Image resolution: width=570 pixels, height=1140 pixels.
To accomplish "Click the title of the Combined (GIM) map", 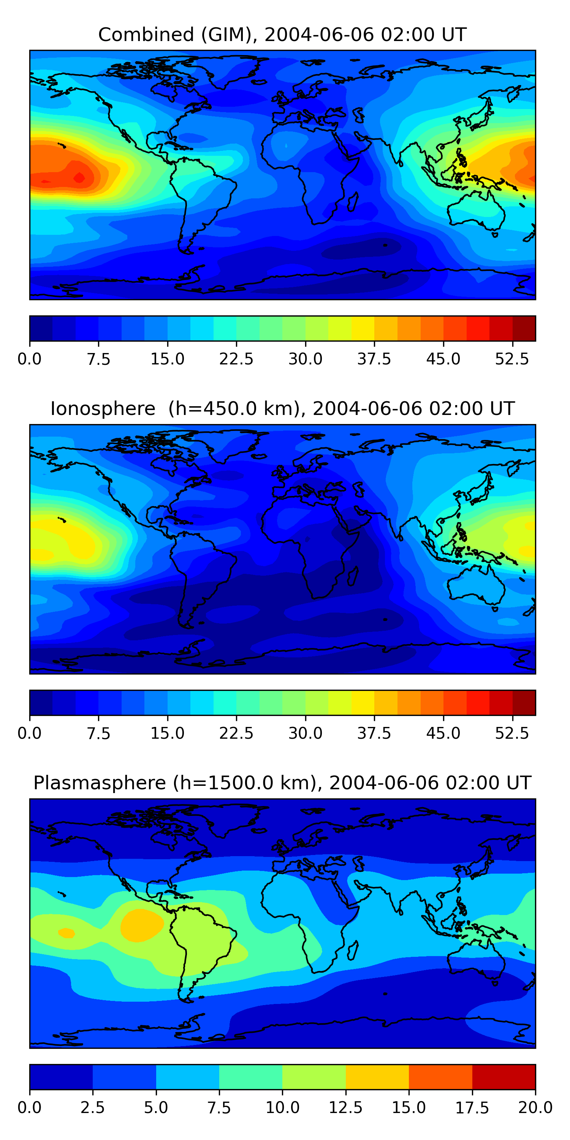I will click(x=282, y=35).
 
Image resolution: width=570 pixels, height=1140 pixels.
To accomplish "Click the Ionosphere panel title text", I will click(x=282, y=408).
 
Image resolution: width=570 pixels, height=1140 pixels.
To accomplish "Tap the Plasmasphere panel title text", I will click(x=282, y=783).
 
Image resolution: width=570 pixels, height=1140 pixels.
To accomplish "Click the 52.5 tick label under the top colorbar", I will click(x=512, y=359).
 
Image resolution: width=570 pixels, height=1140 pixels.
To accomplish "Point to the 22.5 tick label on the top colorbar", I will click(x=236, y=359).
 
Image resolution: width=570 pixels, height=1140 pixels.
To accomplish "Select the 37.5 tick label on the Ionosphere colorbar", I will click(x=374, y=733).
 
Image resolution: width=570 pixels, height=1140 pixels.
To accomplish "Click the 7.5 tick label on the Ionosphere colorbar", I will click(x=98, y=733).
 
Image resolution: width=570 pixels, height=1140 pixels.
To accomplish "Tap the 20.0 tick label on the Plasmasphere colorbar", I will click(x=535, y=1108).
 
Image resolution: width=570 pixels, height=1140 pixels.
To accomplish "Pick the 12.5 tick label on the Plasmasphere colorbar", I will click(x=346, y=1108).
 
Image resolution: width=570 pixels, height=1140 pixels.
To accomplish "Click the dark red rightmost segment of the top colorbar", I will click(x=524, y=329).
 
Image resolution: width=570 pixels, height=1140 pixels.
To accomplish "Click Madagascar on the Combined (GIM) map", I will click(x=353, y=202).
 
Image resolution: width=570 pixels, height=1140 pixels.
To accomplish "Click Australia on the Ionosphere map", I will click(x=476, y=585).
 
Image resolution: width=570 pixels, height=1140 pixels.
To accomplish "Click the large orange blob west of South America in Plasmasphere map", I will click(x=142, y=925).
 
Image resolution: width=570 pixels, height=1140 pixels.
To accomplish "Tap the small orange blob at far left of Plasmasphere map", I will click(x=66, y=933).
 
